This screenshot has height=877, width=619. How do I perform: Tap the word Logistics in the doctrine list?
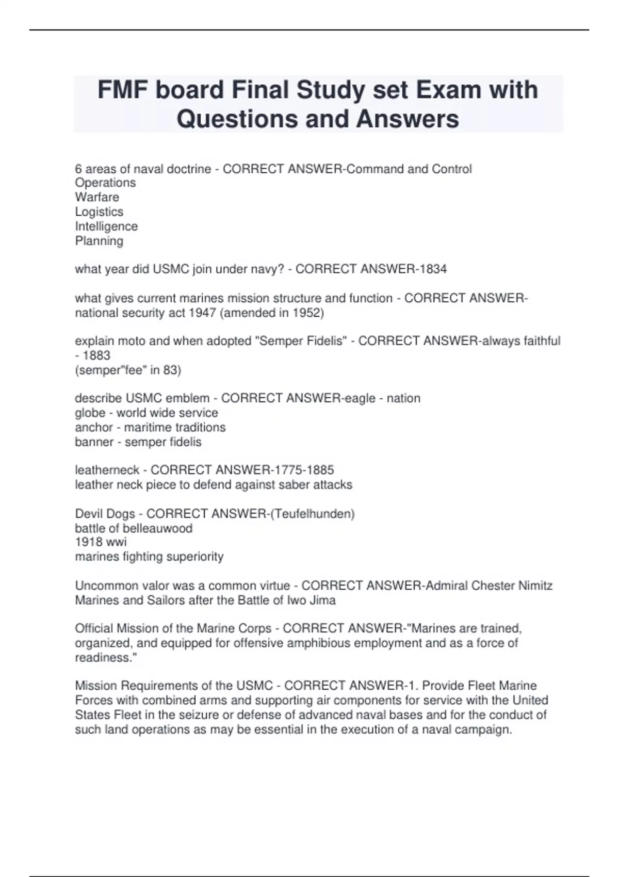click(x=99, y=212)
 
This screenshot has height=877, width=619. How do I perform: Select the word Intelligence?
click(x=106, y=226)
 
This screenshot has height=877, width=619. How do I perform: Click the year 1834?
click(x=433, y=269)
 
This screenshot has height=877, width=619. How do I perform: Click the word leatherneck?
click(x=107, y=470)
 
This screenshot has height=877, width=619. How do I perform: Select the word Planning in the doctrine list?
click(x=99, y=240)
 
